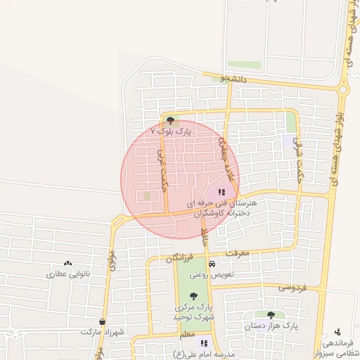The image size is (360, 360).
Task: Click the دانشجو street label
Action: [x=235, y=79]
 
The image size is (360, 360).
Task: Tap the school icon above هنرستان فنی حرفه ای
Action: [x=221, y=191]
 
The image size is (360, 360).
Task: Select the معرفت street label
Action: [x=238, y=252]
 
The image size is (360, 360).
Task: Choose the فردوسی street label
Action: [x=293, y=287]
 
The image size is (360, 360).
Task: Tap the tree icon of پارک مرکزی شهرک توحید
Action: [x=193, y=296]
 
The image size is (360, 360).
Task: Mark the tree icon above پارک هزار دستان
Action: [x=271, y=315]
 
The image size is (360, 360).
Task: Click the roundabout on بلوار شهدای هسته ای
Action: [x=342, y=89]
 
